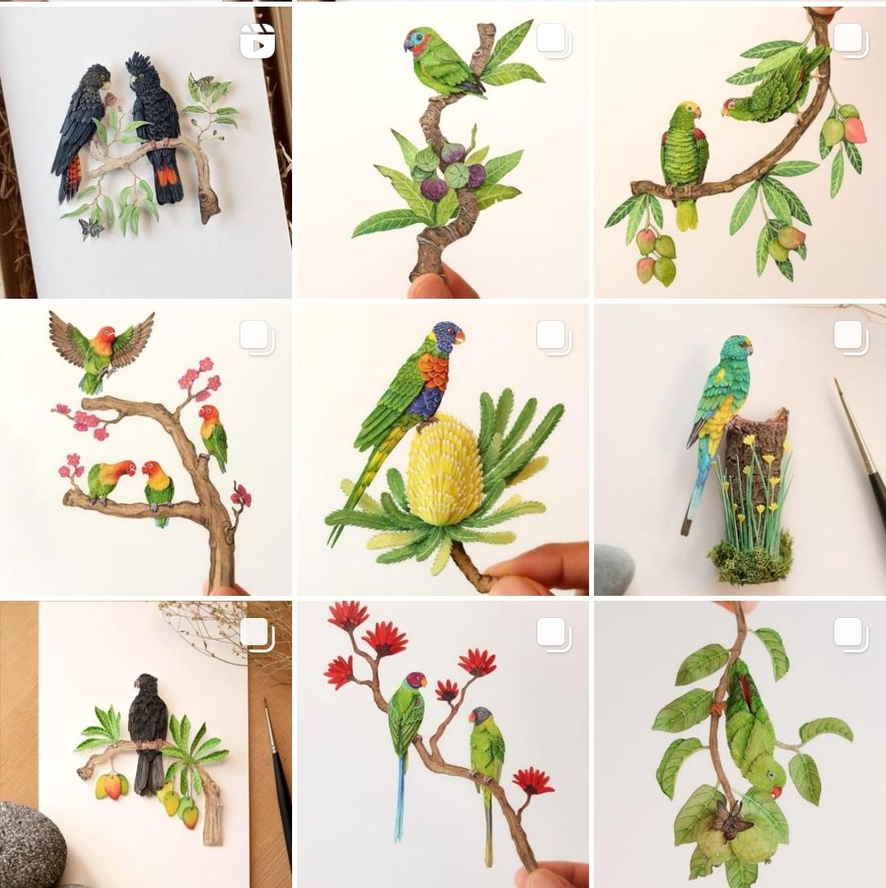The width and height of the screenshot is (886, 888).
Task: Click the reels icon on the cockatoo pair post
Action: click(x=257, y=41)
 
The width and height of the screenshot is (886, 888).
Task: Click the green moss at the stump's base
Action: click(x=751, y=559)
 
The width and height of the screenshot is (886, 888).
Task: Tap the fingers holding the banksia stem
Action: click(x=533, y=566)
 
